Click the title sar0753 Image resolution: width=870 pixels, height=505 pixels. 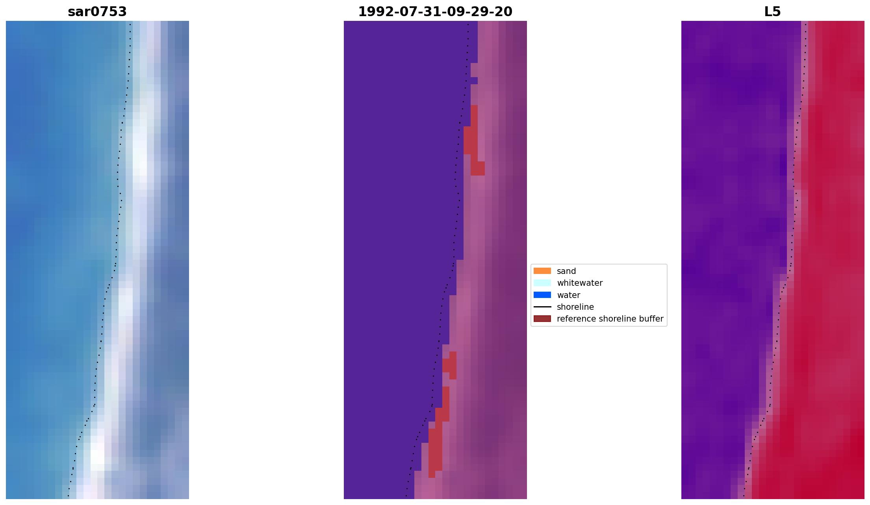(97, 12)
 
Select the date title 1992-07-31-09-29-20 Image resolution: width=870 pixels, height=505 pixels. (435, 12)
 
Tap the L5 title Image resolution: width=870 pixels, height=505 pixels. (772, 12)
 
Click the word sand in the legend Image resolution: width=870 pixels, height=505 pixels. (566, 271)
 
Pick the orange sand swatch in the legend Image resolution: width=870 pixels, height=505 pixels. (542, 271)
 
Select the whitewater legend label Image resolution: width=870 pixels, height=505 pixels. (579, 283)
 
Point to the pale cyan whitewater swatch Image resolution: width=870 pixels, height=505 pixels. (542, 283)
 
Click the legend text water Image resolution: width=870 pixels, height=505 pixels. (568, 295)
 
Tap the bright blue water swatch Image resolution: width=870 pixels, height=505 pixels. (542, 295)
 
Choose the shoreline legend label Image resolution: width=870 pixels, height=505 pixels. (575, 307)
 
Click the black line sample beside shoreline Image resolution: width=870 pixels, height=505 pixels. (542, 307)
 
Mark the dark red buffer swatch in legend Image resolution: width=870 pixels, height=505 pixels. (542, 318)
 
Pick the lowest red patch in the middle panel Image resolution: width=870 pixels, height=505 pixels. (435, 453)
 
